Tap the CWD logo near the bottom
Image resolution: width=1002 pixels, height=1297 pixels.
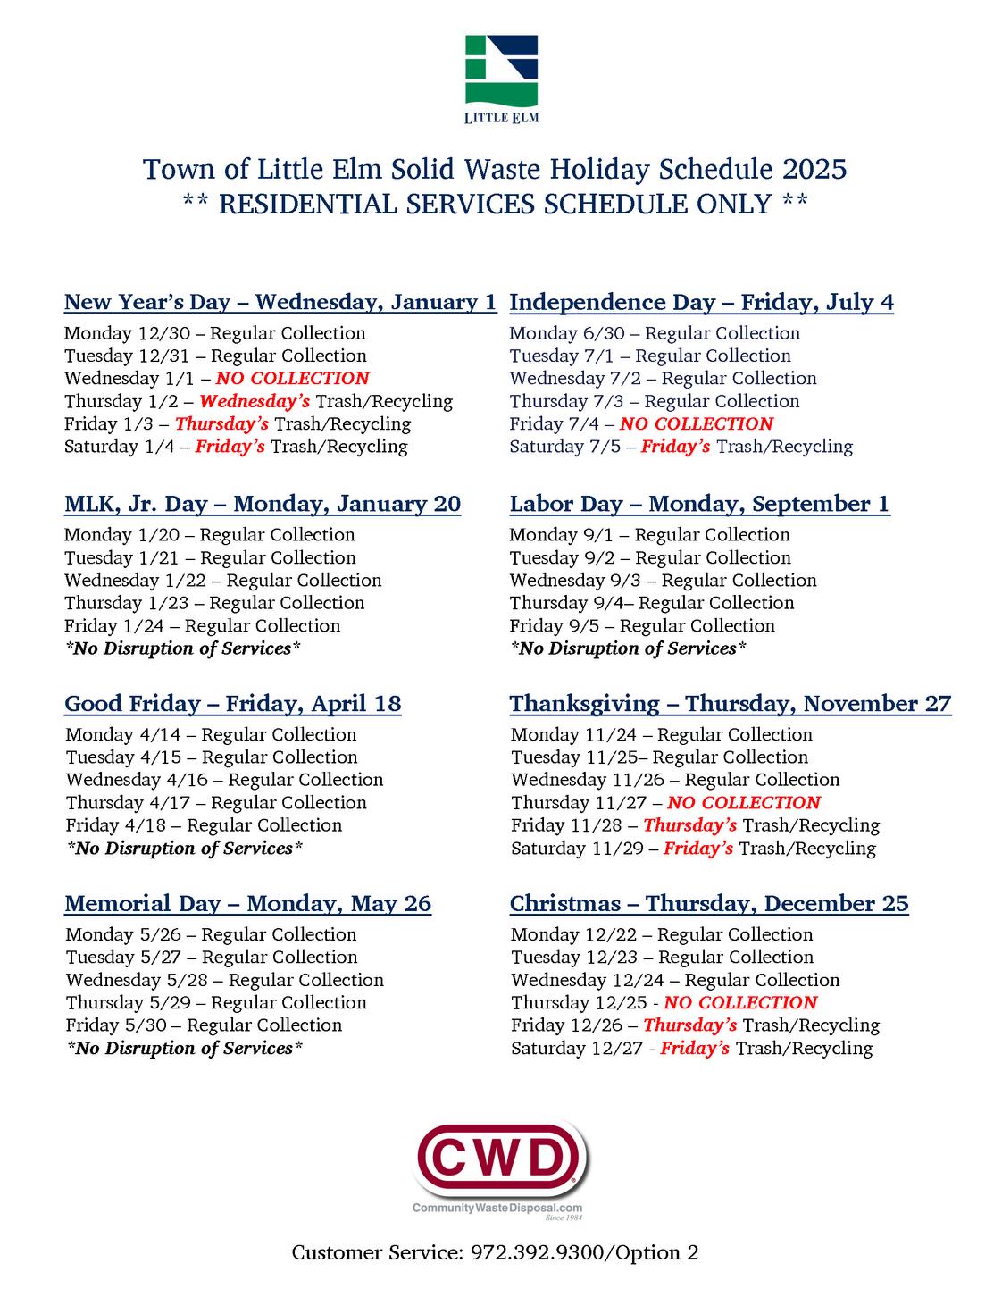tap(501, 1161)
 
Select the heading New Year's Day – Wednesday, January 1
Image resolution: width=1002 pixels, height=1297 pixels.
tap(280, 303)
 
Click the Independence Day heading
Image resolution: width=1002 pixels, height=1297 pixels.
tap(701, 303)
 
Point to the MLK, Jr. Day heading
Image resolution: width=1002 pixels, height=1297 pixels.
tap(263, 505)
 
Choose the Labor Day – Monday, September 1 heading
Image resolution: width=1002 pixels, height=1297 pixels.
tap(699, 505)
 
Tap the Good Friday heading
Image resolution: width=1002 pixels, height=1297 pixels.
tap(232, 704)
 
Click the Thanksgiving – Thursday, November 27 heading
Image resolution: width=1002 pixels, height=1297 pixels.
tap(731, 704)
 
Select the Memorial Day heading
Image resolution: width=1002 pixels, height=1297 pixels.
tap(247, 904)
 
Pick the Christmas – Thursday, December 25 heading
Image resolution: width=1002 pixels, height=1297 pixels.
tap(709, 904)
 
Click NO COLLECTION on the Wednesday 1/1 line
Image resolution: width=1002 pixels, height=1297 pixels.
tap(292, 379)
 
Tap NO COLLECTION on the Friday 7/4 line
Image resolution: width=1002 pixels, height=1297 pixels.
tap(697, 424)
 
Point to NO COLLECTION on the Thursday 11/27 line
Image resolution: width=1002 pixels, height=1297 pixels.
tap(744, 803)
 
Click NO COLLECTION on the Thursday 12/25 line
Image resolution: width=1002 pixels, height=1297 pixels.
tap(740, 1003)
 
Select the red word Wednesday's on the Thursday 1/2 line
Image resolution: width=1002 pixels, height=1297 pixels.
tap(255, 402)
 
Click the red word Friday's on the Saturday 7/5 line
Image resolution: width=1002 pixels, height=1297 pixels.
tap(676, 447)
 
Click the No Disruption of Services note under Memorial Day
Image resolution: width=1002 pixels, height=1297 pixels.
tap(185, 1049)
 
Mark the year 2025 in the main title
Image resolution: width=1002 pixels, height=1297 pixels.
tap(814, 170)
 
